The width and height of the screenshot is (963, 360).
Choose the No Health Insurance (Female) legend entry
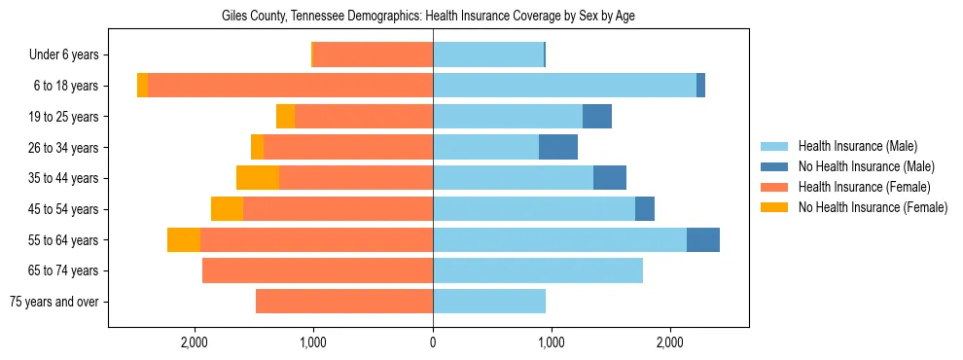pyautogui.click(x=872, y=207)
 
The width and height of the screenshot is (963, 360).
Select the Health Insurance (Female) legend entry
pyautogui.click(x=864, y=187)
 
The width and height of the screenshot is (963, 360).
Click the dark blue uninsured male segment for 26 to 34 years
pyautogui.click(x=558, y=147)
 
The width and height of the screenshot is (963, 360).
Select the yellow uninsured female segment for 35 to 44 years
pyautogui.click(x=258, y=178)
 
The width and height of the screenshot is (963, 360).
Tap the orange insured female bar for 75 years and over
pyautogui.click(x=344, y=302)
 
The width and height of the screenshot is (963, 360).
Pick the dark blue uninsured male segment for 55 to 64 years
pyautogui.click(x=703, y=239)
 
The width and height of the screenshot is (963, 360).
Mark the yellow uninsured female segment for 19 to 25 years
pyautogui.click(x=285, y=117)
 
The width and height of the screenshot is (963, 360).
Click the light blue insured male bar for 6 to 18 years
pyautogui.click(x=564, y=86)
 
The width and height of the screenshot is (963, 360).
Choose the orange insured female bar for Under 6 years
pyautogui.click(x=374, y=55)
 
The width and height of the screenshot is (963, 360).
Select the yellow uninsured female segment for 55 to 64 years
pyautogui.click(x=184, y=239)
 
